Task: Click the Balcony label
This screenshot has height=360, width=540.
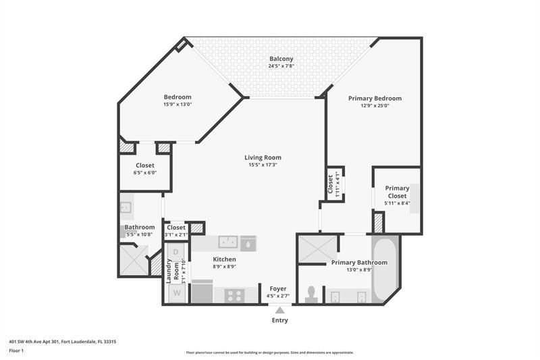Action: (282, 59)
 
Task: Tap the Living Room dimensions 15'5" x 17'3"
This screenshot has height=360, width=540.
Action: (263, 165)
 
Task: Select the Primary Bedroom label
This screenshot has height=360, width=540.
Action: (375, 98)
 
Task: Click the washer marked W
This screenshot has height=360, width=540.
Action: (177, 293)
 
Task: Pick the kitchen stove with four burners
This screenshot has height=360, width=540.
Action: (234, 294)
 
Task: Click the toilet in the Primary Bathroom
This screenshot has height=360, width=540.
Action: (311, 294)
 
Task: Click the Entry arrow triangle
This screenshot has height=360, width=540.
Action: (279, 310)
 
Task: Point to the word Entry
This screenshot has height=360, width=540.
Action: (279, 320)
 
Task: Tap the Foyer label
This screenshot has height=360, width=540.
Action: (278, 288)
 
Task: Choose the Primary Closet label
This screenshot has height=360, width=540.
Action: (397, 192)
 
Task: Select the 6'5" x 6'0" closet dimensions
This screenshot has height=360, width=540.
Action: (145, 172)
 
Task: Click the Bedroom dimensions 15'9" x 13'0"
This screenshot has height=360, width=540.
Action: (177, 104)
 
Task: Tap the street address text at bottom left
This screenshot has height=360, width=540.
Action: (62, 342)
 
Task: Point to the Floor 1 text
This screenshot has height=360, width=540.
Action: (16, 351)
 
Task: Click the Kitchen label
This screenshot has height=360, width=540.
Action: (224, 259)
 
